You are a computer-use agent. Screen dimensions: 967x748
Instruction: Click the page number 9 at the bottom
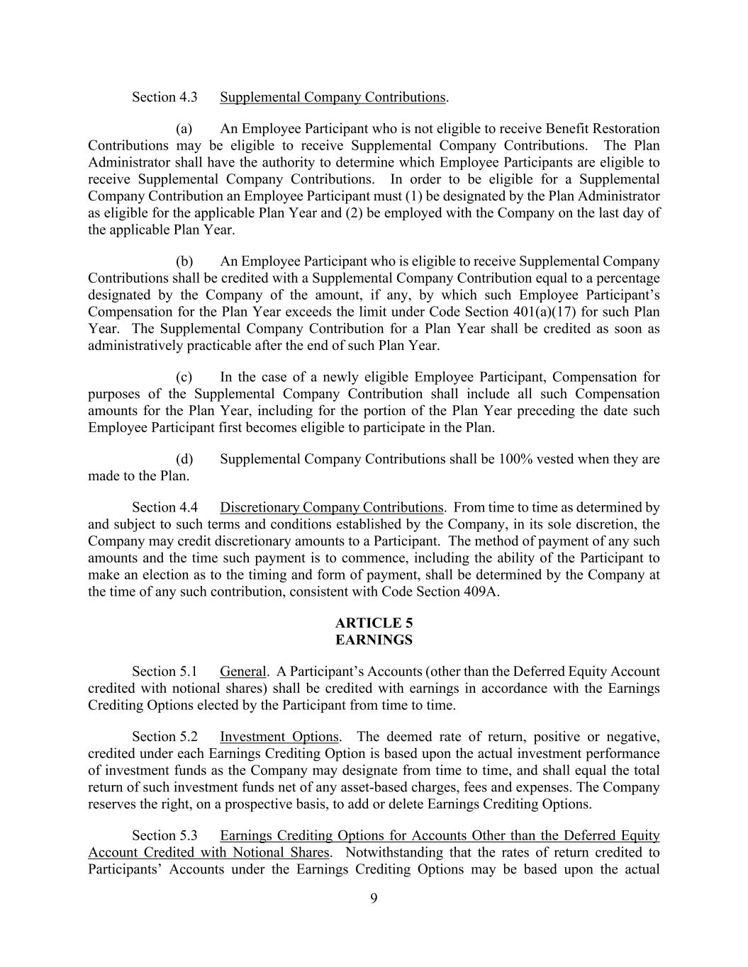point(374,899)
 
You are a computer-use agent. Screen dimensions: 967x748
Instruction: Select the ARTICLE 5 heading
point(374,623)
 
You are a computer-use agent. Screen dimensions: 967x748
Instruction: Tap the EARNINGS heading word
point(374,640)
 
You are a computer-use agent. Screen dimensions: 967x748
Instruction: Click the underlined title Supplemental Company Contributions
point(333,97)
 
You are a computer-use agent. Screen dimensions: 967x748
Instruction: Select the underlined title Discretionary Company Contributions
point(331,507)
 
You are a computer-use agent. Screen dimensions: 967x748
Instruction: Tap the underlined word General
point(243,672)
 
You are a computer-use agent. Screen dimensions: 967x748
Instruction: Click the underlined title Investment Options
point(279,737)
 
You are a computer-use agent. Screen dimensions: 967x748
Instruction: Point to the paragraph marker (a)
point(184,129)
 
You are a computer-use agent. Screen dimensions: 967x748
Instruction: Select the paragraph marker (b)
point(184,261)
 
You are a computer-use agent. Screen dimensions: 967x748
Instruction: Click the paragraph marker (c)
point(184,377)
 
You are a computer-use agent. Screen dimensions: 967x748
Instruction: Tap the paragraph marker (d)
point(184,459)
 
